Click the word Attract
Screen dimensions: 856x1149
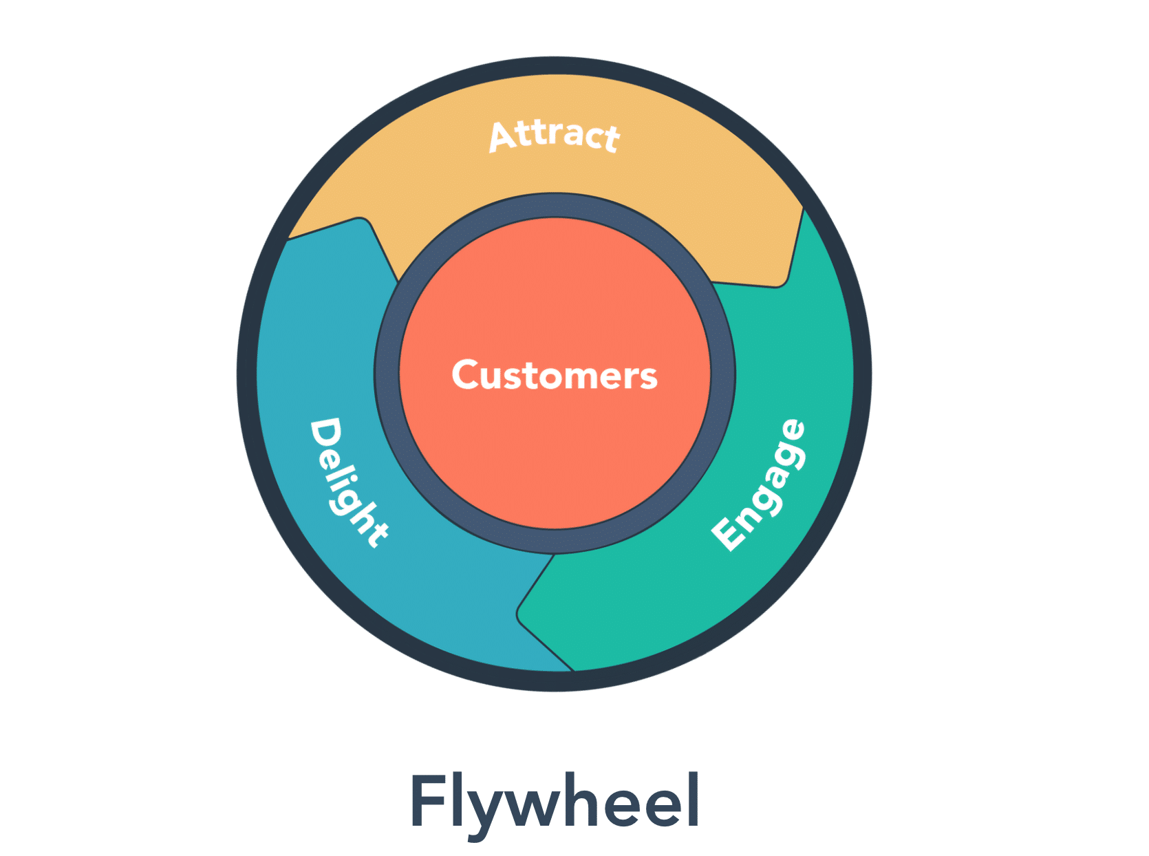[555, 136]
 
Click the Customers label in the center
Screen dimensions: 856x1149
[555, 376]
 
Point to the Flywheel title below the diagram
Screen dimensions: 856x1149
[555, 801]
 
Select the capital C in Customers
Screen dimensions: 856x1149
[468, 376]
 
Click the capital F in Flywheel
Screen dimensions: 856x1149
[426, 801]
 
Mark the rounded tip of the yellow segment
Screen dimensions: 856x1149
[781, 279]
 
